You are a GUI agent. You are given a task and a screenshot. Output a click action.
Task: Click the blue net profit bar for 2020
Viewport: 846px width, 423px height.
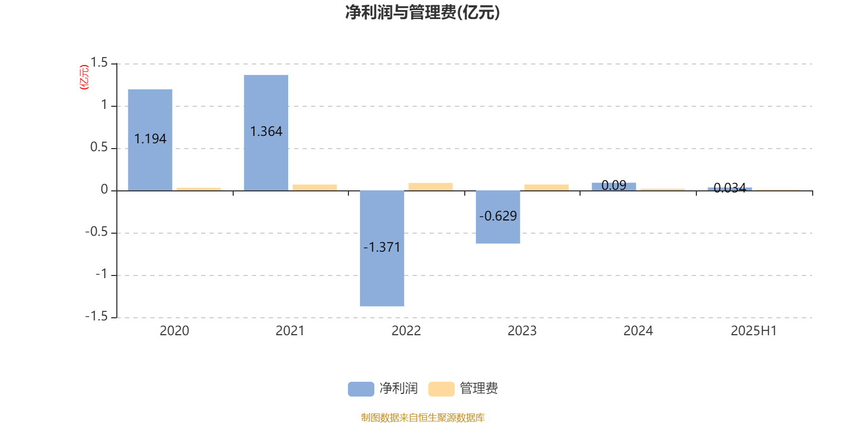tap(150, 140)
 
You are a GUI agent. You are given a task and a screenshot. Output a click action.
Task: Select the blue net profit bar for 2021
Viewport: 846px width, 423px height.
tap(266, 133)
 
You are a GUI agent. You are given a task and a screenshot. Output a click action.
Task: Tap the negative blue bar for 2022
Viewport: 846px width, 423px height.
tap(382, 249)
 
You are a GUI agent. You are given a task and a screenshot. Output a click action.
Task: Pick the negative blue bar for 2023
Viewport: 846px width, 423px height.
tap(498, 217)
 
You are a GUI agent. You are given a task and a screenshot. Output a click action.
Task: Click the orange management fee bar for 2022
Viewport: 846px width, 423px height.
tap(430, 187)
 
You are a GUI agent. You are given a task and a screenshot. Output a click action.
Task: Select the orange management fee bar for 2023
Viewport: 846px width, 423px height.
tap(547, 188)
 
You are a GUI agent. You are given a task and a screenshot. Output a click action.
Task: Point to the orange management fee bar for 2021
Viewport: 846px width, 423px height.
tap(315, 188)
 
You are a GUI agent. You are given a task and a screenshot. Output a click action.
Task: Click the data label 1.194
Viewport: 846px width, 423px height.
tap(150, 139)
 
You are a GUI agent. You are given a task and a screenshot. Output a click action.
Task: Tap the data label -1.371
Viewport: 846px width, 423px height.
tap(382, 247)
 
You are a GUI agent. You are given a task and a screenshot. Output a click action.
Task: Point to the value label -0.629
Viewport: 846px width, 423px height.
tap(498, 216)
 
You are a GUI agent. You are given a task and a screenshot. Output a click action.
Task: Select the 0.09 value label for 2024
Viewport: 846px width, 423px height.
tap(614, 185)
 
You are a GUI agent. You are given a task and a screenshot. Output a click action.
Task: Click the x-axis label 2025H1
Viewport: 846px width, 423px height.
tap(754, 331)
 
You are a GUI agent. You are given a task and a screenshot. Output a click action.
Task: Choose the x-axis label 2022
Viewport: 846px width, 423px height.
tap(406, 331)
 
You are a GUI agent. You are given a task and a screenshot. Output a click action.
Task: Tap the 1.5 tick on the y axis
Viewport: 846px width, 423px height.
tap(99, 62)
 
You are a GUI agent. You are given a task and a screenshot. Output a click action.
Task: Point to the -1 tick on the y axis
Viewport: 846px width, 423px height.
tap(102, 274)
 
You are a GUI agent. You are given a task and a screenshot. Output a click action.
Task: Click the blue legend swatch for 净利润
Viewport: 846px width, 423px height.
tap(361, 389)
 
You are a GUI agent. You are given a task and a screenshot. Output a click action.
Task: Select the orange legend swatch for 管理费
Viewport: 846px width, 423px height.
tap(441, 389)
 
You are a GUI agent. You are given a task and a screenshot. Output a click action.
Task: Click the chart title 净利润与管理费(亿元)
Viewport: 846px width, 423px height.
tap(422, 12)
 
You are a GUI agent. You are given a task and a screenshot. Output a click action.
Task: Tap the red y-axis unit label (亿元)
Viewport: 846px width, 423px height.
tap(84, 77)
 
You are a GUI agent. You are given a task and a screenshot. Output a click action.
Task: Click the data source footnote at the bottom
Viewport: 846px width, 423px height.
tap(422, 417)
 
